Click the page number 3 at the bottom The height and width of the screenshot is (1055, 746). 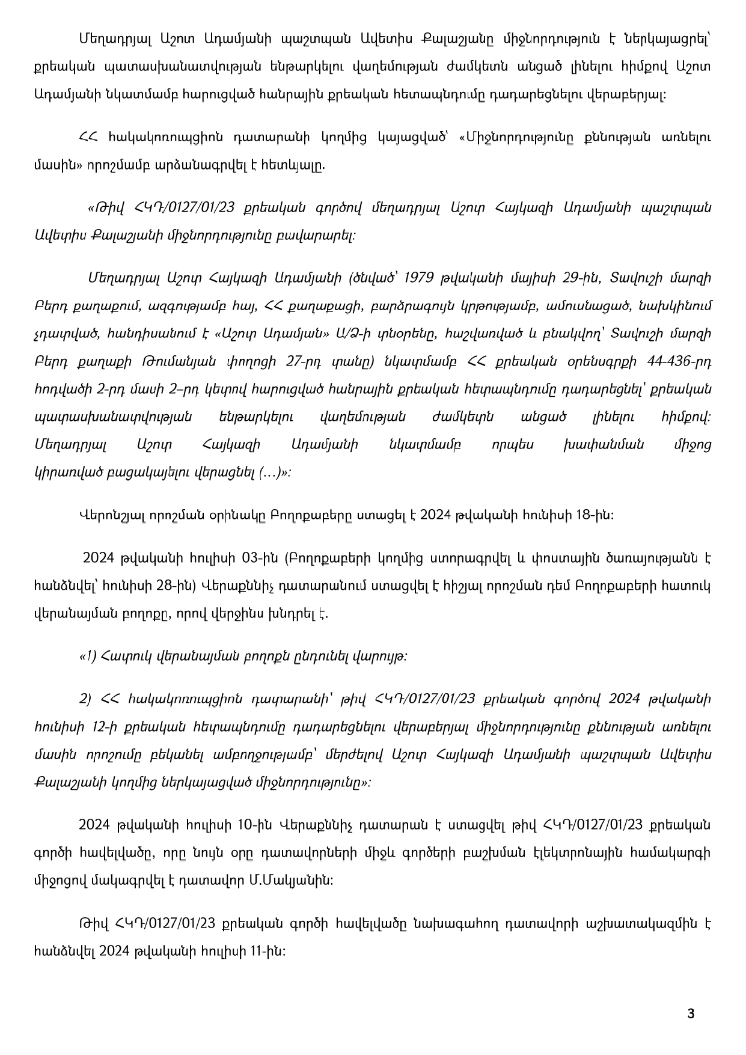[690, 1014]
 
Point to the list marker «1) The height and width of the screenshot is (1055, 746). [88, 656]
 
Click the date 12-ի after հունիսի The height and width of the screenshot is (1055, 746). [94, 727]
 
